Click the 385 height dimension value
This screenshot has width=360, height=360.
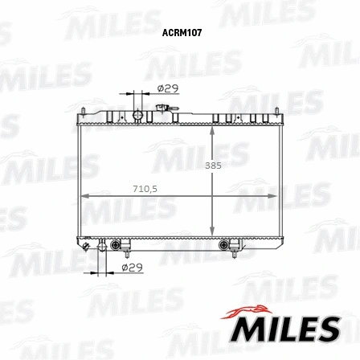click(212, 165)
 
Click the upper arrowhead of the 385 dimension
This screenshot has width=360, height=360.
click(211, 131)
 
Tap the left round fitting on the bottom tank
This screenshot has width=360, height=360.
click(115, 244)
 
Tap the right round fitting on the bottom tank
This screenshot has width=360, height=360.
click(224, 244)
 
